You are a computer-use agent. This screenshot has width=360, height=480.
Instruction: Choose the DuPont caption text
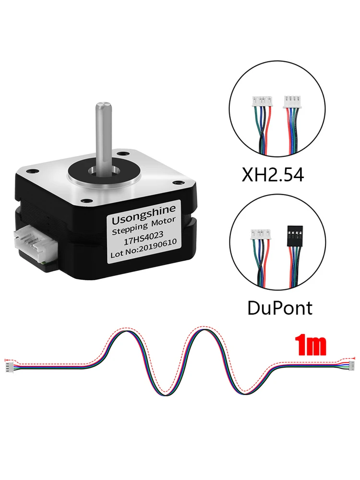(x=279, y=307)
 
